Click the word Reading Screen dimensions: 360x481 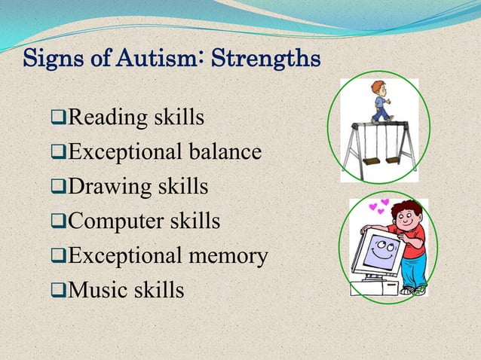pos(99,118)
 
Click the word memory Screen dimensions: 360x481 pos(230,257)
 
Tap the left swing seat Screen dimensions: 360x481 pos(371,160)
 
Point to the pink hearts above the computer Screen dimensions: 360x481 pos(378,206)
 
